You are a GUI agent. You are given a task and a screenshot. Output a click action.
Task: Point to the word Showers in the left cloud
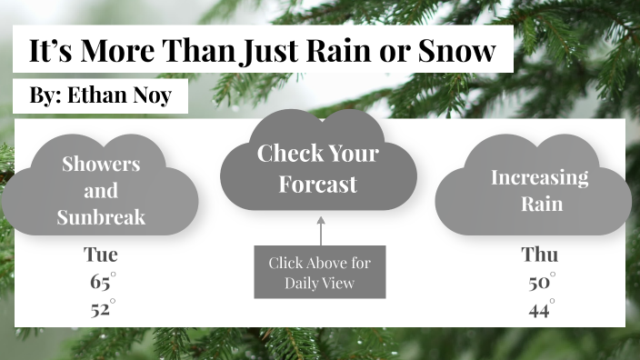[x=101, y=165]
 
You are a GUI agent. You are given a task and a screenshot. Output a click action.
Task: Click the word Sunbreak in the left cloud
[x=101, y=217]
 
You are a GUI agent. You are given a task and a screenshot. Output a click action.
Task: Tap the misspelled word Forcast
[x=318, y=185]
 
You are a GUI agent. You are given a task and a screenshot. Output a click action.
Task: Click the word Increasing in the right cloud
[x=539, y=176]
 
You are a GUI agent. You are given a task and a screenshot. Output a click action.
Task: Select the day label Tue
[x=101, y=255]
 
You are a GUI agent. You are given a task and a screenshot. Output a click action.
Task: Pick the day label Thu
[x=539, y=255]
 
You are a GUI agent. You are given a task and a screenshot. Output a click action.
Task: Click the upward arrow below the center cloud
[x=320, y=230]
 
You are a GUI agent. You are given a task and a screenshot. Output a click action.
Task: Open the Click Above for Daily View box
[x=320, y=272]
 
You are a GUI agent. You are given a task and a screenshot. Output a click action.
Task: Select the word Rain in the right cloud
[x=539, y=203]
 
